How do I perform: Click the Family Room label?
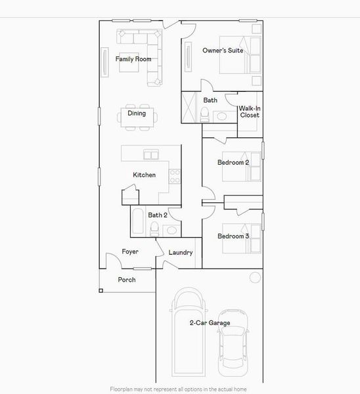(133, 59)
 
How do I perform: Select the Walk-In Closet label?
(249, 111)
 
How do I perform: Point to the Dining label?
(137, 113)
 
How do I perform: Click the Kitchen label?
(144, 175)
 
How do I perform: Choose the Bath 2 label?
(158, 215)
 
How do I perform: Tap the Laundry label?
(180, 253)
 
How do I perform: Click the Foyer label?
(130, 252)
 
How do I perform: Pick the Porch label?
(127, 280)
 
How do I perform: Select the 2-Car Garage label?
(210, 322)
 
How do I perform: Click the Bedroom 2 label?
(233, 162)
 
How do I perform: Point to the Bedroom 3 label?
(233, 236)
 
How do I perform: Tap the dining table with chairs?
(138, 119)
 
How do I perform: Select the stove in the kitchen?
(174, 176)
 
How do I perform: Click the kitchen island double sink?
(151, 155)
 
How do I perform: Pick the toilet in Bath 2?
(154, 229)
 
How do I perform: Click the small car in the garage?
(232, 338)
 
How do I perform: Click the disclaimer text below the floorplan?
(179, 388)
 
